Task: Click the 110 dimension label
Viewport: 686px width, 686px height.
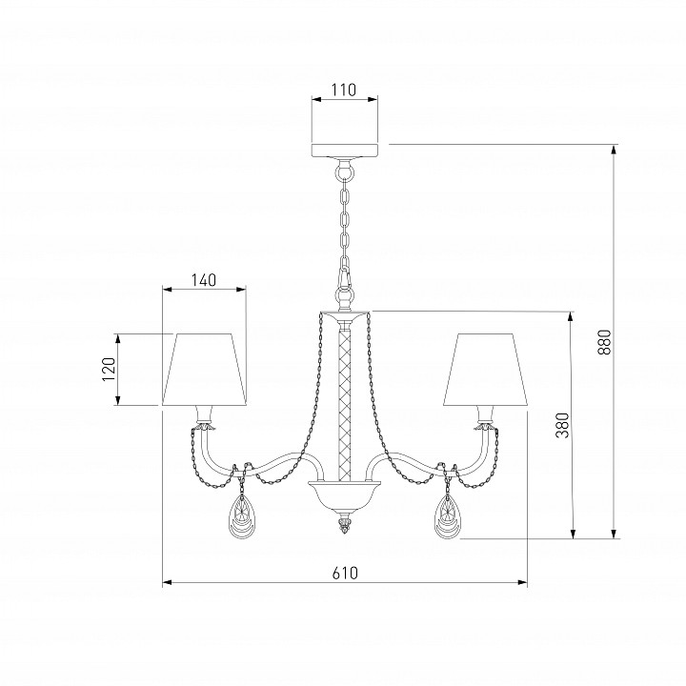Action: [x=343, y=90]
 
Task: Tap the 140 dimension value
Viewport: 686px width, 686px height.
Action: [x=204, y=279]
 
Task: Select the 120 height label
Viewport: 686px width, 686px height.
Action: [x=109, y=370]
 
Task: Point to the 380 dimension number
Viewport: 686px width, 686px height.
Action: [x=563, y=425]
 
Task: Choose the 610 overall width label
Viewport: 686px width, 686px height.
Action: [x=345, y=573]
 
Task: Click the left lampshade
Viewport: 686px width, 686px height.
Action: [x=204, y=370]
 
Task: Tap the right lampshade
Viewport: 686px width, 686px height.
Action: [x=485, y=370]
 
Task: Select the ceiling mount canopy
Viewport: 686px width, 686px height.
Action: [x=344, y=150]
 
